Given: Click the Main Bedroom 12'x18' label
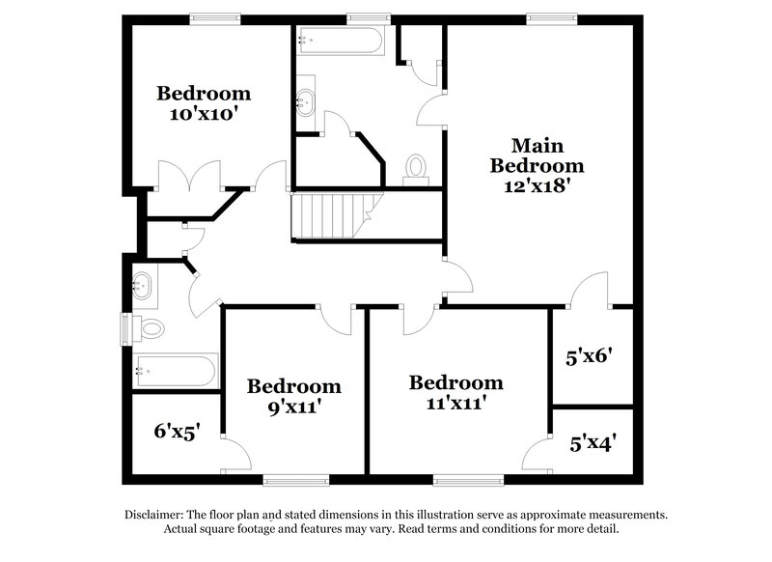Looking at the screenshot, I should (537, 165).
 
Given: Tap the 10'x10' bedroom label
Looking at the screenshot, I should (204, 103).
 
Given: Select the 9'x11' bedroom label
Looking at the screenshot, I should (293, 396).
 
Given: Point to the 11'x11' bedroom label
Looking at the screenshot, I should (455, 392).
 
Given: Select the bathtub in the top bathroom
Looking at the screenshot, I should (342, 42).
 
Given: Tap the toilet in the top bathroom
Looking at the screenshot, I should (416, 168).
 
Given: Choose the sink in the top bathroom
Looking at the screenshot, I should (306, 98).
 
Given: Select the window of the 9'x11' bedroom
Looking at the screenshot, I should (289, 479).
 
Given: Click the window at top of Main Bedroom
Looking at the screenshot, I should (552, 16).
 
